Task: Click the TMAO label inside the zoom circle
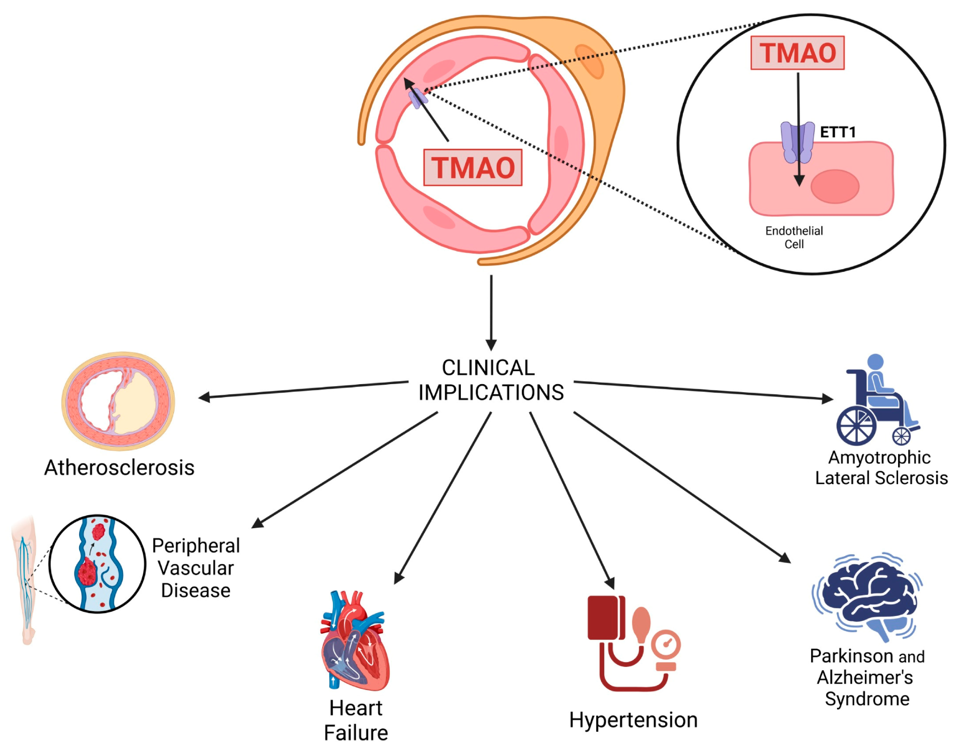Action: (797, 53)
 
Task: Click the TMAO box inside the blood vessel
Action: (473, 168)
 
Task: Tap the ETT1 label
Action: (838, 132)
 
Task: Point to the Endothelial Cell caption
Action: (794, 237)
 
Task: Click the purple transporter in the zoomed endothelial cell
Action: (797, 142)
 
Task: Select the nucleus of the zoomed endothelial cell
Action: (835, 186)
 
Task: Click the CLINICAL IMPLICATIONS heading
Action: (491, 380)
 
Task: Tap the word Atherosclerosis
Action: (120, 468)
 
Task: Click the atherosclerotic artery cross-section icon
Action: (118, 401)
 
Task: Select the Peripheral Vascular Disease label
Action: (196, 568)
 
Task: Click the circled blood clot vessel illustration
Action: (97, 564)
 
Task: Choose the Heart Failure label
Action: (356, 720)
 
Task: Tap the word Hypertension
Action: (633, 720)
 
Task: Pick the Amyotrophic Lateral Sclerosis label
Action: (881, 468)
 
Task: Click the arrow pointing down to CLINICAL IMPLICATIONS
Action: (491, 312)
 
